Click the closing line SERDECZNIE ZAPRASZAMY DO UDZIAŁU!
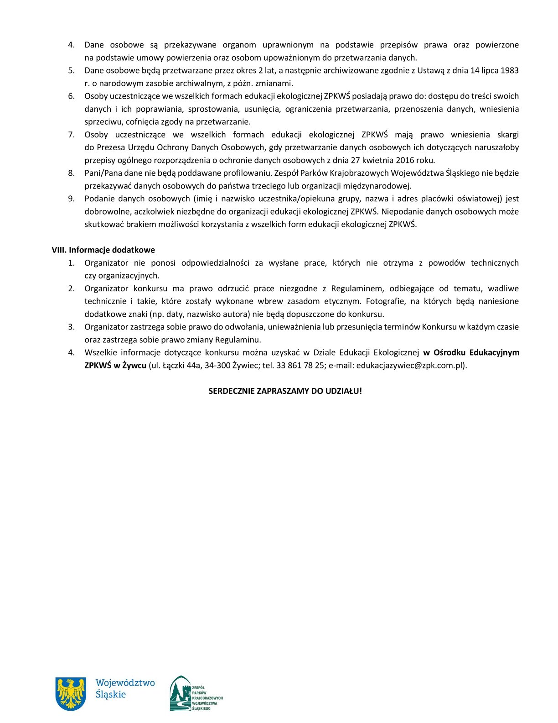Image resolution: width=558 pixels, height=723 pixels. [285, 391]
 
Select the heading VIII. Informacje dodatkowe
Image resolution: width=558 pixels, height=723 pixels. [103, 250]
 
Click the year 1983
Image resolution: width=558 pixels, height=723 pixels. [510, 71]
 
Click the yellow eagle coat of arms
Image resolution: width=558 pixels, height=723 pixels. [71, 693]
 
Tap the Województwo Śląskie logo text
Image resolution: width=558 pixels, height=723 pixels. [125, 689]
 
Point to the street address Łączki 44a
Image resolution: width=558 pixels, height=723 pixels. [182, 366]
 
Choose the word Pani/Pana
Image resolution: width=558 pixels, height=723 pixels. [101, 173]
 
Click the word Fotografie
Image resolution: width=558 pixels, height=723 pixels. [386, 301]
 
